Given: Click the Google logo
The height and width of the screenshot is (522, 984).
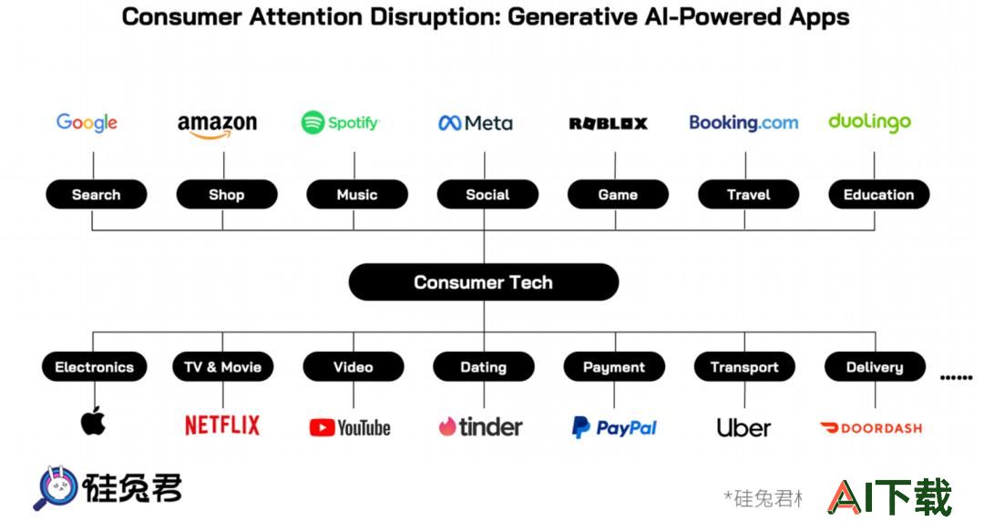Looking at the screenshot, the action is click(x=87, y=122).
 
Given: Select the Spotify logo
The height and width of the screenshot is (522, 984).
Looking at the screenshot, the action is click(x=340, y=122).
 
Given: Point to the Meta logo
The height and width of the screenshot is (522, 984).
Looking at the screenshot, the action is click(x=475, y=123).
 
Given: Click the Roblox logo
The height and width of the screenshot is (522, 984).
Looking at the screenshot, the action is click(x=608, y=124).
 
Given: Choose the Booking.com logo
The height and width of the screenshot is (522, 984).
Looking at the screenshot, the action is click(x=743, y=122).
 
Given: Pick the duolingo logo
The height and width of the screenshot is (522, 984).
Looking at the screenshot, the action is click(x=869, y=123).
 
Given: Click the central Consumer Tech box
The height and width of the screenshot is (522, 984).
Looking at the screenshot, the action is click(x=484, y=282).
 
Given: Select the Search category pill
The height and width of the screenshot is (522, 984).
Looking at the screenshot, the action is click(x=96, y=194).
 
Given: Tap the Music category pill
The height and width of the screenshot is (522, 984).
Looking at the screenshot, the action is click(x=357, y=194).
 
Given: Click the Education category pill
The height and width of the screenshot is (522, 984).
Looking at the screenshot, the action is click(x=878, y=194).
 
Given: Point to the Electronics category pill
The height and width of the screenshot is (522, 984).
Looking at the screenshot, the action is click(x=94, y=367).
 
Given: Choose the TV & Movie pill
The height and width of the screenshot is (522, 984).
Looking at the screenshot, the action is click(x=223, y=367).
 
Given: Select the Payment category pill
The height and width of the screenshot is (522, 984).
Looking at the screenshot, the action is click(x=614, y=367).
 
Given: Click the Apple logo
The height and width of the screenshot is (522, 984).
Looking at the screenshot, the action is click(x=94, y=420).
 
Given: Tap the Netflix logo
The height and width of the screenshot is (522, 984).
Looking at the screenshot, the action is click(x=222, y=425).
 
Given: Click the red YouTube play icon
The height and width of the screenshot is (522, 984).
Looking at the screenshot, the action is click(x=322, y=428).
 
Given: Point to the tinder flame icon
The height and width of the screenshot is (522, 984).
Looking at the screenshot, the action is click(x=446, y=426).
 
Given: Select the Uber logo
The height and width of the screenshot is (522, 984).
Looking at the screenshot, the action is click(x=743, y=428).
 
